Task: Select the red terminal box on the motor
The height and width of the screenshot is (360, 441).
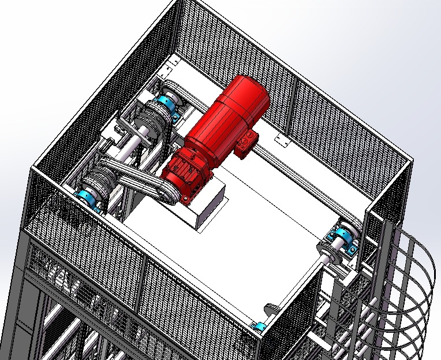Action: coord(246,142)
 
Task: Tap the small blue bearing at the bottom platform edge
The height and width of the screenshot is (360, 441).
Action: coord(260,328)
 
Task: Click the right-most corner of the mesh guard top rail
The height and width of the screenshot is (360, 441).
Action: coord(412,157)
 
